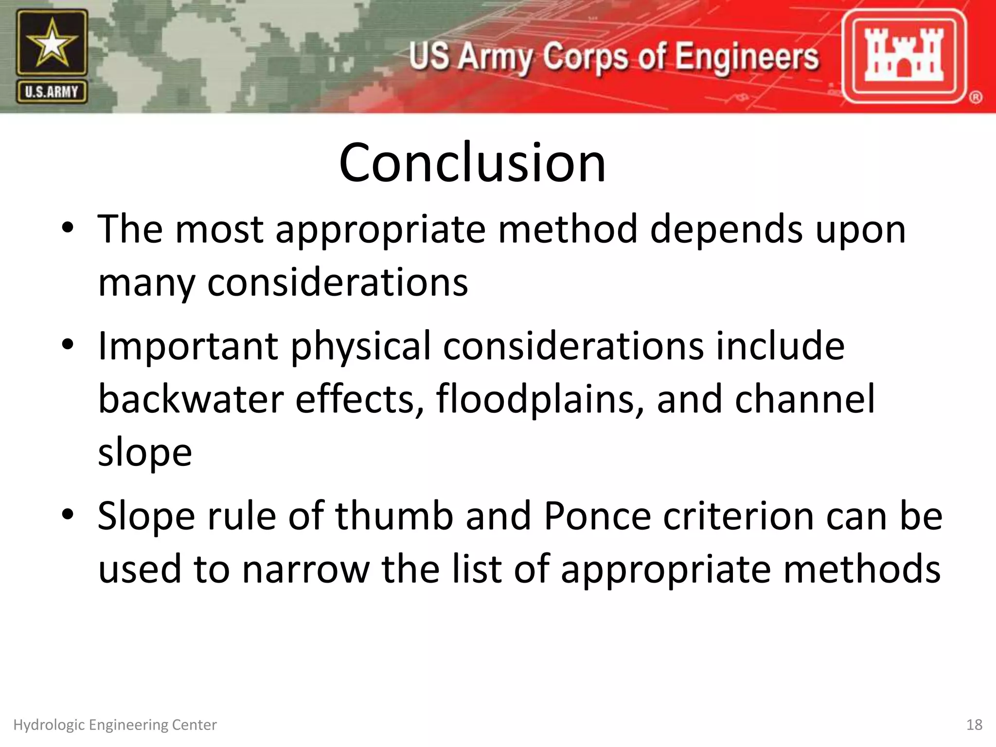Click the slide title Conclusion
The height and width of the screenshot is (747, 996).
(472, 162)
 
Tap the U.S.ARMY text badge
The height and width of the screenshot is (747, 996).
(52, 92)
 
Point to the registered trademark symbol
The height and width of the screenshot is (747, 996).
(976, 97)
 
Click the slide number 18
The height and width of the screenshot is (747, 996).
(974, 725)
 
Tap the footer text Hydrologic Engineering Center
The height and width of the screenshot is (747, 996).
(115, 725)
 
